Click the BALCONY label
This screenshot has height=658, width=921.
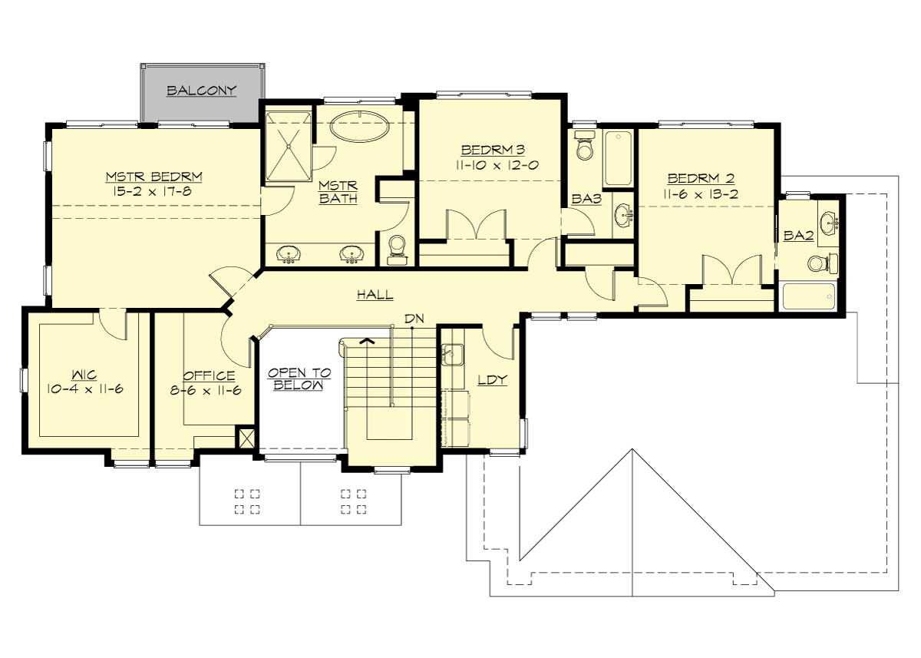202,91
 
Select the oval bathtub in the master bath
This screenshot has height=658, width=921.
360,127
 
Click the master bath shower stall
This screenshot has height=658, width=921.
288,147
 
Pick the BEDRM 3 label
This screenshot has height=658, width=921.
492,149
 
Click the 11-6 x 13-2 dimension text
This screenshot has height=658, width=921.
702,194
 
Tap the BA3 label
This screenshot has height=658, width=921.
586,199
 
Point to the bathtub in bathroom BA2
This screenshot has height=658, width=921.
809,296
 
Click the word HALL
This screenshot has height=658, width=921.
375,294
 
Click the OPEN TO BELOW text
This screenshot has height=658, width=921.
299,379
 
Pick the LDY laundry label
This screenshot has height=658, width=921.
492,380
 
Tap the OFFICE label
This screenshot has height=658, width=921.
209,375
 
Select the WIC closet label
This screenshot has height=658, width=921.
84,375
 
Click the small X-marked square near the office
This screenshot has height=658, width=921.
246,438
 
